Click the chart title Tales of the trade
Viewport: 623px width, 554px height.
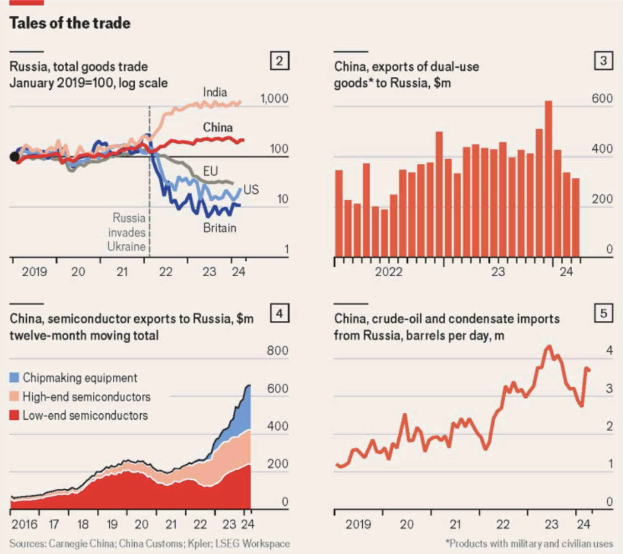(70, 23)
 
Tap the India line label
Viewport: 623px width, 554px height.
(215, 92)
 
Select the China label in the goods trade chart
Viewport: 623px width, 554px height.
(218, 127)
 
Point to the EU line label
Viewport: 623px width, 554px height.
(210, 171)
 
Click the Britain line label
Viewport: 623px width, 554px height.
(220, 228)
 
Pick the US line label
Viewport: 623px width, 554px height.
(251, 189)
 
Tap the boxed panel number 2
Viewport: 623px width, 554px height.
(279, 61)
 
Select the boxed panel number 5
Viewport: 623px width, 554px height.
(603, 313)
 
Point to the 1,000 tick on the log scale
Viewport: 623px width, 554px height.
(274, 98)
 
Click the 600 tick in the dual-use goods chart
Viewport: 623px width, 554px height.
(602, 98)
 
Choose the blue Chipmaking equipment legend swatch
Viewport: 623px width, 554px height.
(14, 378)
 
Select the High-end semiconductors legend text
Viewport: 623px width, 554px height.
(87, 397)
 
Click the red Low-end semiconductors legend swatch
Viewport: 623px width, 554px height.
(14, 415)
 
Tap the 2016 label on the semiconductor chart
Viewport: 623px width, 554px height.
(25, 524)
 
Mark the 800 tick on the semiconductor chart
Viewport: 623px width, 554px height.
(278, 351)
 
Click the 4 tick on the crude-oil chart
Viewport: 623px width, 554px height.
(609, 351)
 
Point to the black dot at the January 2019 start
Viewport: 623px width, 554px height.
(14, 157)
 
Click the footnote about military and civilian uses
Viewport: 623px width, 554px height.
(529, 544)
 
